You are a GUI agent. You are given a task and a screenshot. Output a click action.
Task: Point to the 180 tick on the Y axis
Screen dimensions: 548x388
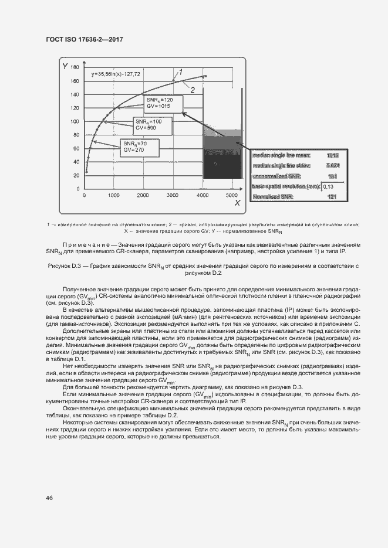(x=75, y=67)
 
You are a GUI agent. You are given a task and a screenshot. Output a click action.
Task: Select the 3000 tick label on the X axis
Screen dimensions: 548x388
(x=173, y=195)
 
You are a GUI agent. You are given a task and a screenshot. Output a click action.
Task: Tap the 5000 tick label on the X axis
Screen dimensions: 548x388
(x=231, y=195)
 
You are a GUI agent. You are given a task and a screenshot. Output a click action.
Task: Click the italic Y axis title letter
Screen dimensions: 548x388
(x=65, y=66)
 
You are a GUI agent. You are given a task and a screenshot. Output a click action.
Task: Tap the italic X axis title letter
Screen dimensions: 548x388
(x=238, y=203)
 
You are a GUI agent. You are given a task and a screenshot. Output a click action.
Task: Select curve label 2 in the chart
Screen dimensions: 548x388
(x=192, y=89)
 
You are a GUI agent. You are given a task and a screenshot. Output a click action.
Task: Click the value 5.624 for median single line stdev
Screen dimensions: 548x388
(x=333, y=166)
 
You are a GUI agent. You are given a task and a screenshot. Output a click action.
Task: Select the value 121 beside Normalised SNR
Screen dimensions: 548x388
(x=333, y=197)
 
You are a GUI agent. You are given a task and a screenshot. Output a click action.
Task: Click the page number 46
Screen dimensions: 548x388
(x=50, y=498)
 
